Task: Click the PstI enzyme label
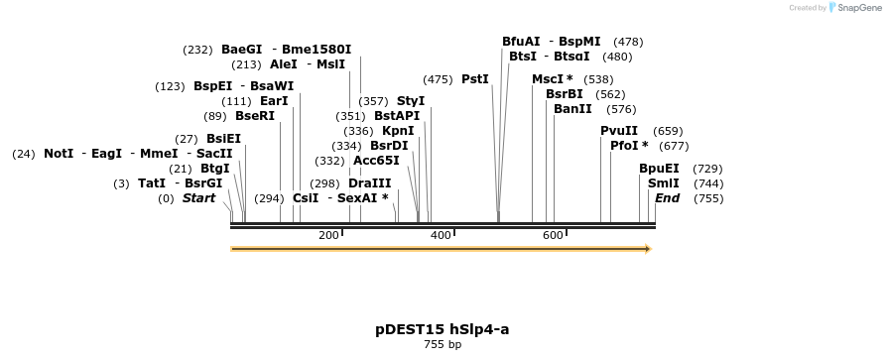(x=475, y=79)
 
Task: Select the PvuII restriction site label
(x=619, y=131)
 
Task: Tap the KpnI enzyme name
(x=398, y=131)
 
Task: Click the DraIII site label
(x=369, y=183)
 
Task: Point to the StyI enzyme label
(x=411, y=101)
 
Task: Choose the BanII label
(x=572, y=109)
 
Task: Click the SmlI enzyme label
(x=664, y=183)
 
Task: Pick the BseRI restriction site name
(x=255, y=116)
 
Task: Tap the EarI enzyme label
(x=274, y=101)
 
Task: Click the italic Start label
(x=198, y=198)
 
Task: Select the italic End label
(x=667, y=198)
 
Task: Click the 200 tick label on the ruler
(x=328, y=235)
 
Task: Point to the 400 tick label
(x=441, y=235)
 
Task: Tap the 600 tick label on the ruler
(x=553, y=235)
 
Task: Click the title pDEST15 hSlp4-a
(x=443, y=329)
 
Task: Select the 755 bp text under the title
(x=443, y=345)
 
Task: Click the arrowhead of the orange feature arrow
(x=648, y=249)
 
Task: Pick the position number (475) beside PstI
(x=438, y=79)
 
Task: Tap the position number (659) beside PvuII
(x=668, y=131)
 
